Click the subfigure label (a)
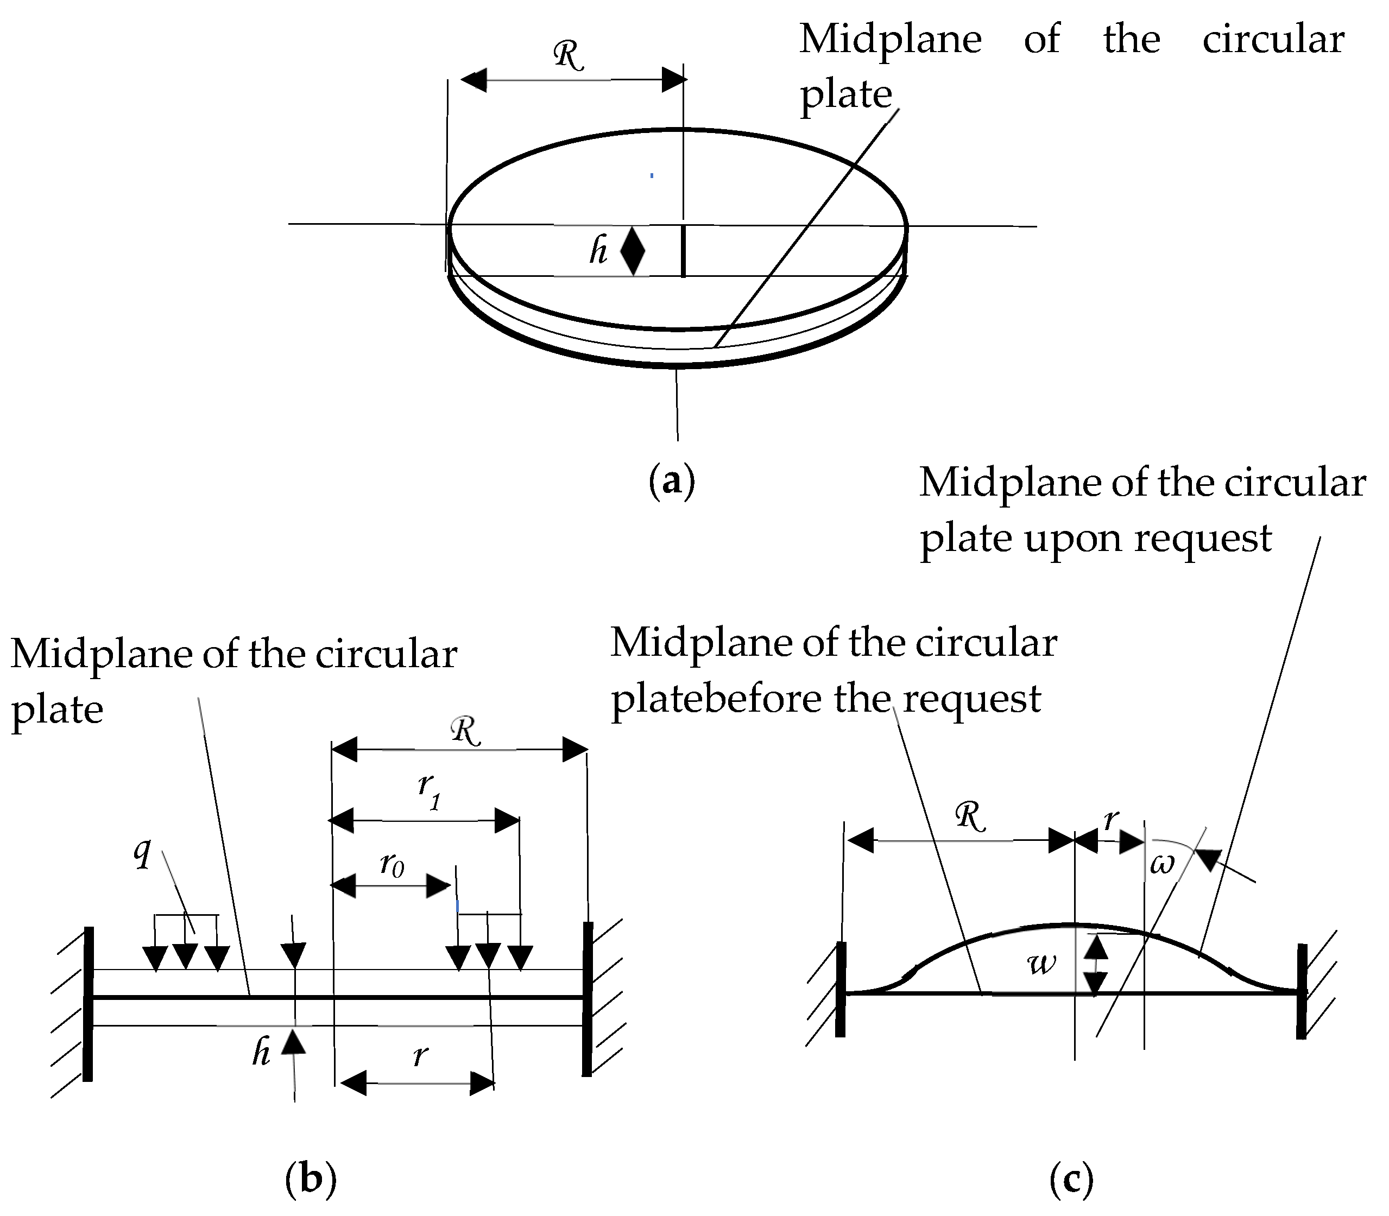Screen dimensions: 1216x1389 (671, 481)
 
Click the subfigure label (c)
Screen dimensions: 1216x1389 (1071, 1179)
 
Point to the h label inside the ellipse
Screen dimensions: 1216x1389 (598, 250)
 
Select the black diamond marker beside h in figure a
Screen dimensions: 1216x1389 (633, 251)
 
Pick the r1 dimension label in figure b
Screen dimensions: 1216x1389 (429, 790)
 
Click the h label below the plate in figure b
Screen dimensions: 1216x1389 (261, 1053)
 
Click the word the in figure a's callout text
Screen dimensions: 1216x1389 (1131, 39)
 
